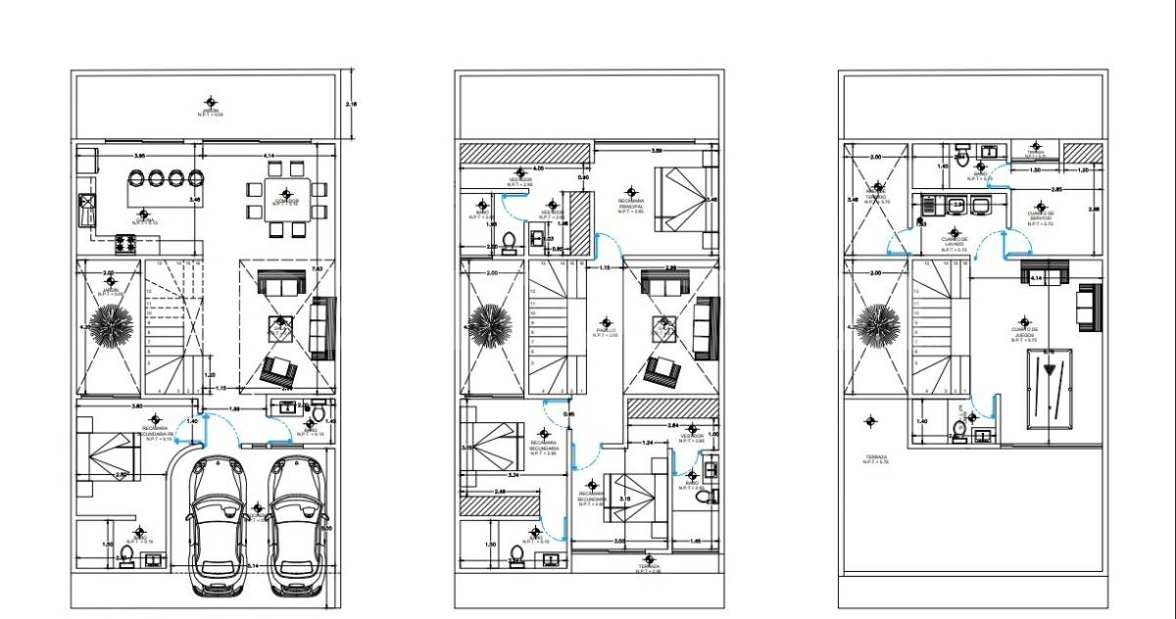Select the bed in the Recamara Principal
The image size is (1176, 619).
coord(679,199)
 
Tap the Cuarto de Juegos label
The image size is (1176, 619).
coord(1024,333)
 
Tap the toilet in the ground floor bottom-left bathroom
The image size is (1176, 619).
coord(125,557)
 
